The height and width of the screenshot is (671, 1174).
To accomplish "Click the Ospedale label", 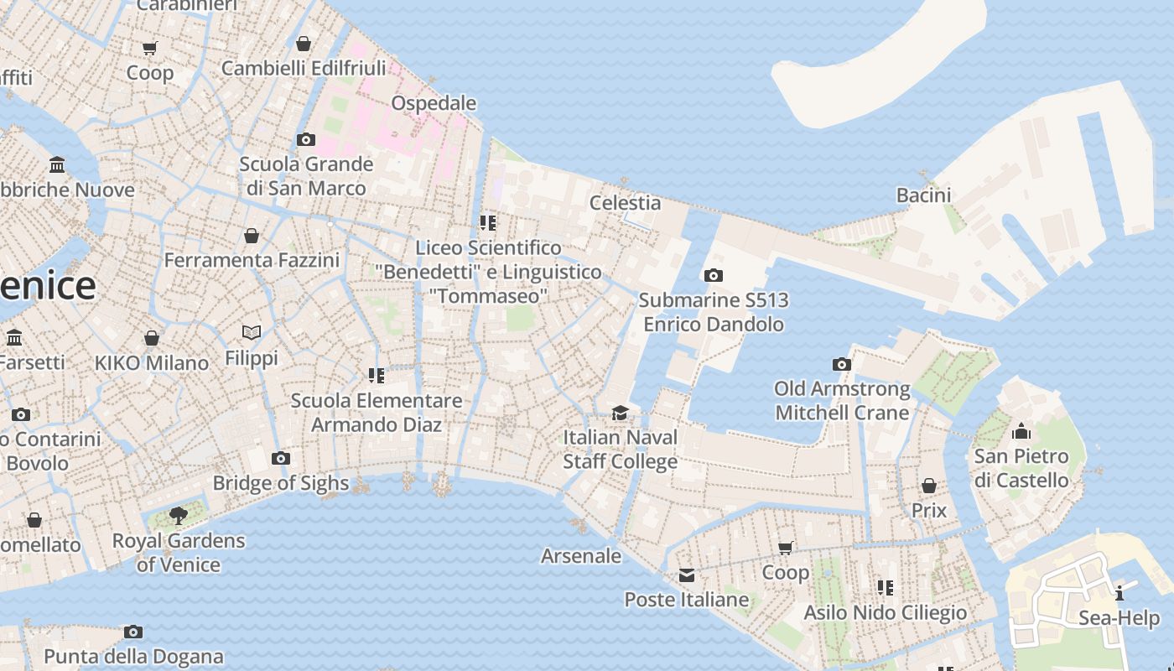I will coord(434,103).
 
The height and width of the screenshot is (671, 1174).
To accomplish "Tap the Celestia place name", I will coord(625,202).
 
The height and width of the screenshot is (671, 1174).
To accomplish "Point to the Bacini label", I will coord(923,195).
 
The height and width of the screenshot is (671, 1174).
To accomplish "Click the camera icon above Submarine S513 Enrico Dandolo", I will coord(713,275).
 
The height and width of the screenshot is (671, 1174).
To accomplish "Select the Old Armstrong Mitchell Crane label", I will coord(842,400).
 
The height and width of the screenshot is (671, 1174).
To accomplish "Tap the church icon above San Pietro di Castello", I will coord(1021,432).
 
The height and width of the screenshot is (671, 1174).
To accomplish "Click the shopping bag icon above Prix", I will coord(928,486).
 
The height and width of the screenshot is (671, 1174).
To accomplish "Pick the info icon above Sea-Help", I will coord(1119,593).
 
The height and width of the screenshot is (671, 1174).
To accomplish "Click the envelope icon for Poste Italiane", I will coord(686,575).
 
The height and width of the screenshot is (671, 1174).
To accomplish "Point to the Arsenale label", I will coord(581,555).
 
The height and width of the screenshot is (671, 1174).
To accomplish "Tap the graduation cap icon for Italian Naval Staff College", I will coord(620,413).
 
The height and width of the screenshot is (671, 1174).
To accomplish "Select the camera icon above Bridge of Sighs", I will coord(281,458).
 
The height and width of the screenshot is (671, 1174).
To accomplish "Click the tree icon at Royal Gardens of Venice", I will coord(178,515).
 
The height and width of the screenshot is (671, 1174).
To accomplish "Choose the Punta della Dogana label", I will coord(133,656).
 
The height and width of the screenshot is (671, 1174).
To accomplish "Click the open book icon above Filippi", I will coord(251,332).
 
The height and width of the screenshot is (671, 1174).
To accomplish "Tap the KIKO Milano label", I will coord(152,363).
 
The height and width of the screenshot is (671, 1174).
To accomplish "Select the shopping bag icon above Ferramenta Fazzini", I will coord(251,236).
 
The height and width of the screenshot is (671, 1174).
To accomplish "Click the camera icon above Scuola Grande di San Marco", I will coord(306,139).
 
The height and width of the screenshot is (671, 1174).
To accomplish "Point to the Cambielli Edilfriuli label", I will coord(304,68).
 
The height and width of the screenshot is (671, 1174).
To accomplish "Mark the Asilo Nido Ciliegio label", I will coord(885,612).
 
